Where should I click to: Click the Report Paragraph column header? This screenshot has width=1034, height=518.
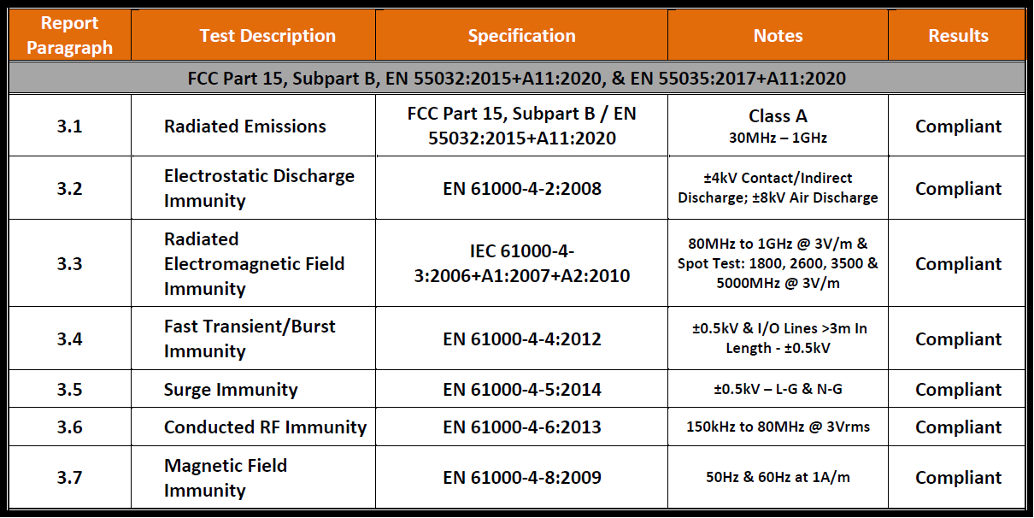(x=70, y=35)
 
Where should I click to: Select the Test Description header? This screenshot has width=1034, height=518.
(x=267, y=36)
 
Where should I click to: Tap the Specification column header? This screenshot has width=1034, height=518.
(x=521, y=36)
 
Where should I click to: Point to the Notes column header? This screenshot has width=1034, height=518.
(x=778, y=36)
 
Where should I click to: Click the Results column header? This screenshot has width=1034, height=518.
(x=958, y=36)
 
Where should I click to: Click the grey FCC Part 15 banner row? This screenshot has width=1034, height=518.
(x=516, y=78)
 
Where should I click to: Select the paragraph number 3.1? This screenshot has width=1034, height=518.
(x=70, y=126)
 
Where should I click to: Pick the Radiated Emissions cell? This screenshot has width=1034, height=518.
(x=245, y=126)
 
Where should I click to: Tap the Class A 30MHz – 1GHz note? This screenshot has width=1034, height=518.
(x=778, y=126)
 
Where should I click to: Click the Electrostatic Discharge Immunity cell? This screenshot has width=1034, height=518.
(x=259, y=188)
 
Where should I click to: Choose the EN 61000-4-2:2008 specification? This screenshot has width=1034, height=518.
(x=522, y=188)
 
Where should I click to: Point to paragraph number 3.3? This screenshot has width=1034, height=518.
(x=70, y=263)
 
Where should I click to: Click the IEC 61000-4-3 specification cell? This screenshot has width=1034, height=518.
(x=522, y=263)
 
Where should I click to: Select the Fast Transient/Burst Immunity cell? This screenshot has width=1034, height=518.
(x=250, y=338)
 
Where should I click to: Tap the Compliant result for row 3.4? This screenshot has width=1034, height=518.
(x=958, y=338)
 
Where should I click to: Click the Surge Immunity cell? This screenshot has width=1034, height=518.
(x=231, y=389)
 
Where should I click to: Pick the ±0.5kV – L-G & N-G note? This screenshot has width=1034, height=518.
(x=778, y=389)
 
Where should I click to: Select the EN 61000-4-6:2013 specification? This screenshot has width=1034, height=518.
(x=522, y=427)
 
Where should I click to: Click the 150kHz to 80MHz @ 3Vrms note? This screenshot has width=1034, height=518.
(x=778, y=427)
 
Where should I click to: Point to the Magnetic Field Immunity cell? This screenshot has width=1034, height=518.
(x=226, y=477)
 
